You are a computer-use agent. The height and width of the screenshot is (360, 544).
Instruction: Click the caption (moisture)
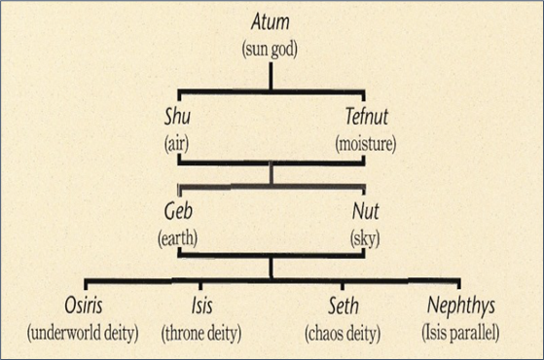(367, 143)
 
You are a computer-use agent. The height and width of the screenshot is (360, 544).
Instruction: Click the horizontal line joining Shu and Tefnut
(271, 162)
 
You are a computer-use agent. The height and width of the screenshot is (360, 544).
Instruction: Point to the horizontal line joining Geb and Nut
(271, 257)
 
